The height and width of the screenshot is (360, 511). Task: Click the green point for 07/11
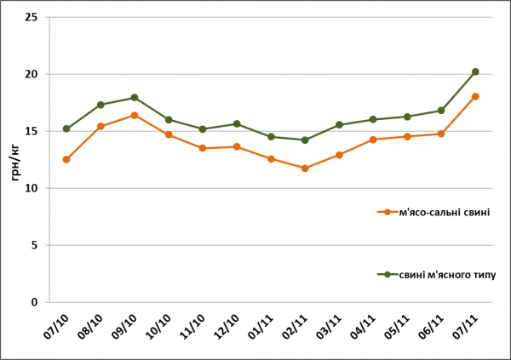pyautogui.click(x=475, y=71)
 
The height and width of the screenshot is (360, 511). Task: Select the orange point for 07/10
pyautogui.click(x=66, y=159)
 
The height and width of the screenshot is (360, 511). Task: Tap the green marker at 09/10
pyautogui.click(x=135, y=98)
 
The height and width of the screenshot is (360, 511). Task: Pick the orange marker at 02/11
pyautogui.click(x=305, y=169)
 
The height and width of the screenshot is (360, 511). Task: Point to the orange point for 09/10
pyautogui.click(x=135, y=115)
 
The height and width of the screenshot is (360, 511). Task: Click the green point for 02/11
pyautogui.click(x=305, y=140)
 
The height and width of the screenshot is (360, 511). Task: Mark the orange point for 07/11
pyautogui.click(x=475, y=96)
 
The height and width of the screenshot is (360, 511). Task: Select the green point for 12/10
pyautogui.click(x=237, y=124)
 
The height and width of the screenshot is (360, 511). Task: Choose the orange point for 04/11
pyautogui.click(x=373, y=139)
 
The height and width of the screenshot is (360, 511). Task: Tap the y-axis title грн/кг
pyautogui.click(x=14, y=159)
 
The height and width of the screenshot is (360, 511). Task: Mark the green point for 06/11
pyautogui.click(x=441, y=111)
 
